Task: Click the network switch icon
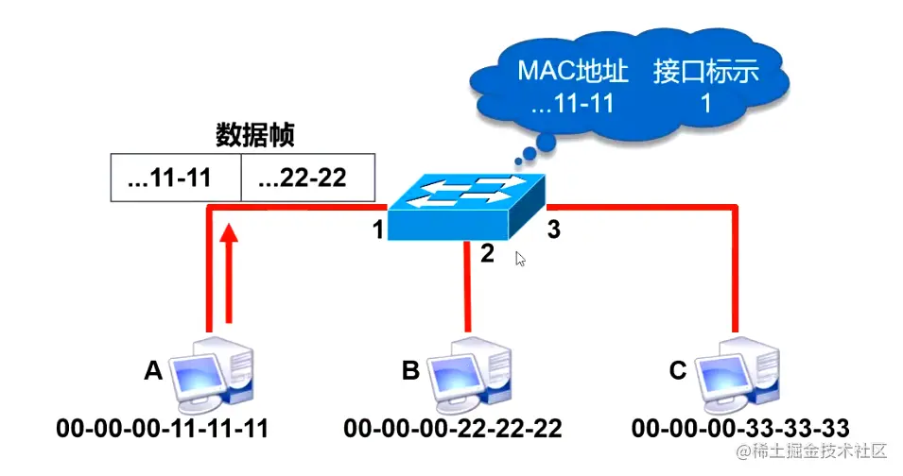point(468,203)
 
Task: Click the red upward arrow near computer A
point(226,274)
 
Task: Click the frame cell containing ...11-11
point(176,178)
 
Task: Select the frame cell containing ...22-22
point(307,178)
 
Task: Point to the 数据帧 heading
point(254,135)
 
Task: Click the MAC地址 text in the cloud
point(572,72)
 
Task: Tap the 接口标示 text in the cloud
point(705,72)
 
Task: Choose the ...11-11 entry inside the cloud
point(572,103)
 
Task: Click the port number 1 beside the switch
point(377,229)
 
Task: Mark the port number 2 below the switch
point(488,254)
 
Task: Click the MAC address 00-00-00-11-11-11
point(163,428)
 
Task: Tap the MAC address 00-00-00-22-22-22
point(452,428)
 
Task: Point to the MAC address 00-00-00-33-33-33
point(740,428)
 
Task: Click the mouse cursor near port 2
point(520,259)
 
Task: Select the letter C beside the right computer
point(677,371)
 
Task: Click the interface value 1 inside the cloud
point(705,103)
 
